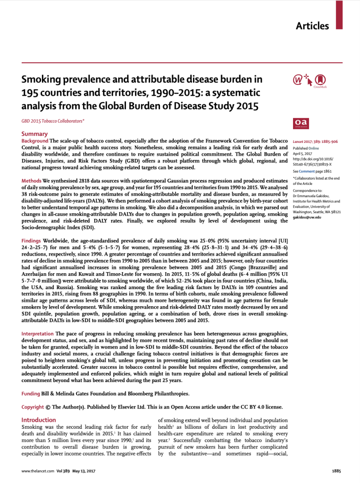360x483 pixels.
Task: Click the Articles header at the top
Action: [x=312, y=26]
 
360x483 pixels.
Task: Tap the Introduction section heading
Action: [x=39, y=420]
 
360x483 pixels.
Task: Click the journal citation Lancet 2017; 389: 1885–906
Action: [x=315, y=142]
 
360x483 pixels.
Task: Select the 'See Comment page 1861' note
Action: [x=312, y=171]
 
